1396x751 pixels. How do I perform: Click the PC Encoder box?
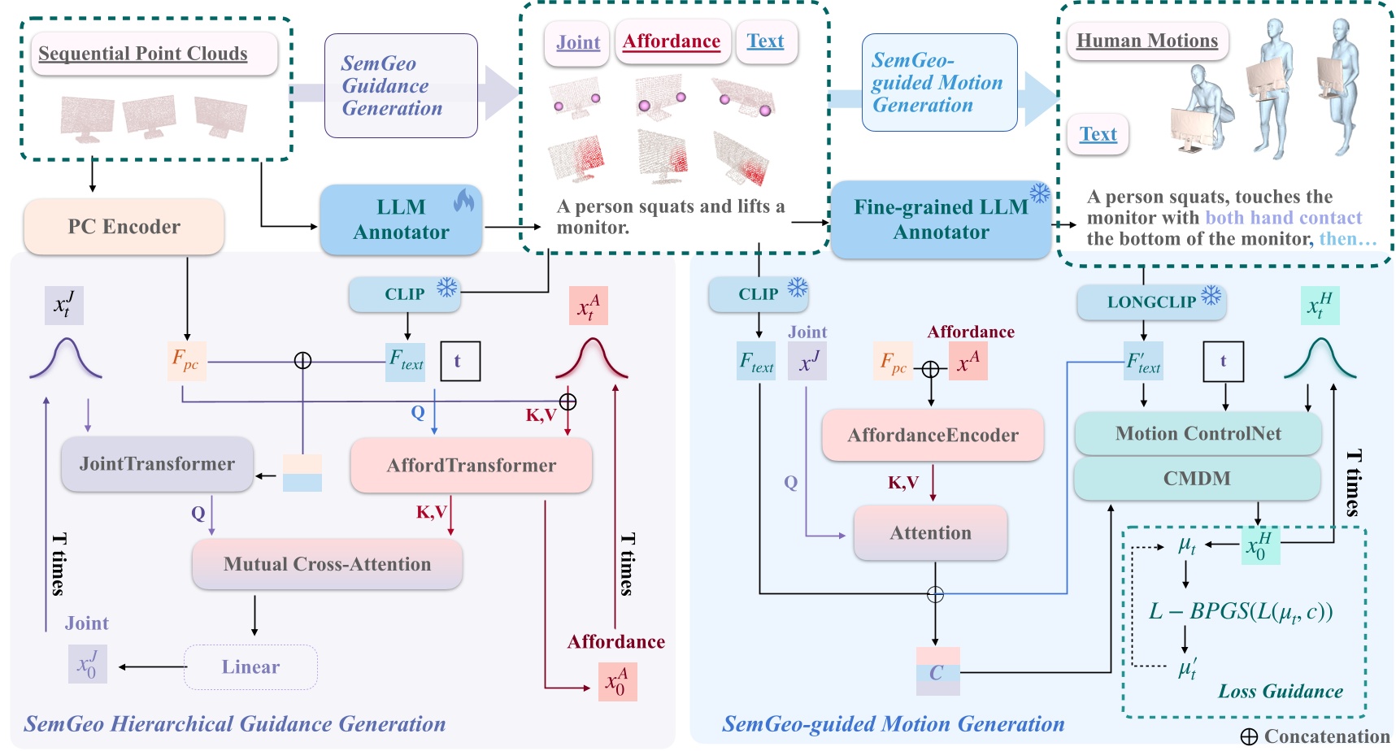124,227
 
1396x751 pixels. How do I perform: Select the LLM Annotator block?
401,219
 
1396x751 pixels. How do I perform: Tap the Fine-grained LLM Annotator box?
941,219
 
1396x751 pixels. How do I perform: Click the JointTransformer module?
157,464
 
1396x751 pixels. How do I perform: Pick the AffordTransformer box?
471,466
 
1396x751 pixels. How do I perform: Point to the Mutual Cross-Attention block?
327,564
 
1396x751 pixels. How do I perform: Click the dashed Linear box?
250,667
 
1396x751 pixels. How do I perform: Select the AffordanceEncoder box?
933,436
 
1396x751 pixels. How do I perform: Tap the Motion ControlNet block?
1198,434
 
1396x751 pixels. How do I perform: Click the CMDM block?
1197,479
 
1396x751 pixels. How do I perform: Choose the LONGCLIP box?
1150,302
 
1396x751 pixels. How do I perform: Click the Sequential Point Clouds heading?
143,54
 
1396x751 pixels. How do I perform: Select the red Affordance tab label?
672,41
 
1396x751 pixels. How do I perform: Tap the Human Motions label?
1146,41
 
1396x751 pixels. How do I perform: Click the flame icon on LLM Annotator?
463,200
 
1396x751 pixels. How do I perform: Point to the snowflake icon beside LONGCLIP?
1211,295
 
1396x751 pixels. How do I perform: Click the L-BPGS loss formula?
1240,611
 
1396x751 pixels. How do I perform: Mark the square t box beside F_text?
459,361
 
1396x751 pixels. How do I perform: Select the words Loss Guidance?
1280,692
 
